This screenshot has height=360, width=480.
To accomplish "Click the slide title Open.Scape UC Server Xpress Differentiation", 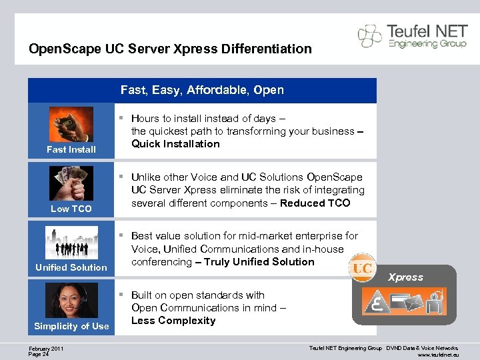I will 170,49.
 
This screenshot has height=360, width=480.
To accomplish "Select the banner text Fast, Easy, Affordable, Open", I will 202,90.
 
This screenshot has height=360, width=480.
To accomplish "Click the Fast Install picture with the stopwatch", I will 71,125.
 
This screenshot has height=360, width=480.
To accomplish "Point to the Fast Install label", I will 71,149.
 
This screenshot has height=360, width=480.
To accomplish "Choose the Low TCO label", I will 71,209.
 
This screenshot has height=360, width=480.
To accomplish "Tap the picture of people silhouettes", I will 71,242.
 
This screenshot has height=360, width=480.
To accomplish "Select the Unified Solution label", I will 71,267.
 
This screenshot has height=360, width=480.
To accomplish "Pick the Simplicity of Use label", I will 71,326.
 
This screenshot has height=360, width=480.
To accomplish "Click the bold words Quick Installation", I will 175,144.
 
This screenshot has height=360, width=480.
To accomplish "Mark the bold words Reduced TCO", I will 315,203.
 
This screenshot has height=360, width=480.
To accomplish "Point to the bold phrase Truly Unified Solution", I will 259,262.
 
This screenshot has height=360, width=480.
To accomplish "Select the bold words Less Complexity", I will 173,321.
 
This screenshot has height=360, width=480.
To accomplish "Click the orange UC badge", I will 362,268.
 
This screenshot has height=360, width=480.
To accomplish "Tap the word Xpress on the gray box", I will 405,277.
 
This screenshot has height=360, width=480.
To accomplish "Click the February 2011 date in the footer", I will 47,348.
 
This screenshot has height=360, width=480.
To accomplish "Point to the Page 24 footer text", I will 39,354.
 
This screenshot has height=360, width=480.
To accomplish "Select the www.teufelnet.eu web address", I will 438,355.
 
